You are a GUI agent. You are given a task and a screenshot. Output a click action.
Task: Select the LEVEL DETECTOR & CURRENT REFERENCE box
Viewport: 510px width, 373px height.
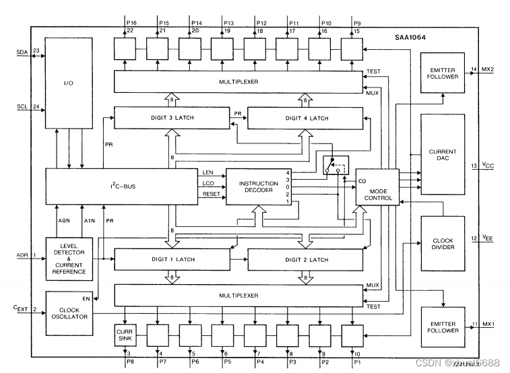tap(67, 257)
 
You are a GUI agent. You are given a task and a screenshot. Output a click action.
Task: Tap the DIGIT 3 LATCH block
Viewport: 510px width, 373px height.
tap(171, 118)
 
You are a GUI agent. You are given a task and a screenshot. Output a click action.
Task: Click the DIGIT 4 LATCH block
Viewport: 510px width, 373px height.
tap(301, 118)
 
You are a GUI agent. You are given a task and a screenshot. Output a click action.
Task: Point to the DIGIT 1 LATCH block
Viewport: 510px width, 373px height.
tap(171, 259)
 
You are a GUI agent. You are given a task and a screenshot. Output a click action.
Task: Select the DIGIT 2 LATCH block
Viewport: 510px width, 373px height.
tap(301, 259)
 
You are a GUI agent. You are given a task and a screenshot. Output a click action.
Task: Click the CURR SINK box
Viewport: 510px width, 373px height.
tap(125, 334)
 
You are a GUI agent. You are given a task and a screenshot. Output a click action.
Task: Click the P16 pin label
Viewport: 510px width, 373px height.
tap(131, 23)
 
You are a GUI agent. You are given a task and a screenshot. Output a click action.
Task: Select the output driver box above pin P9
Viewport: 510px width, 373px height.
tap(351, 48)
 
